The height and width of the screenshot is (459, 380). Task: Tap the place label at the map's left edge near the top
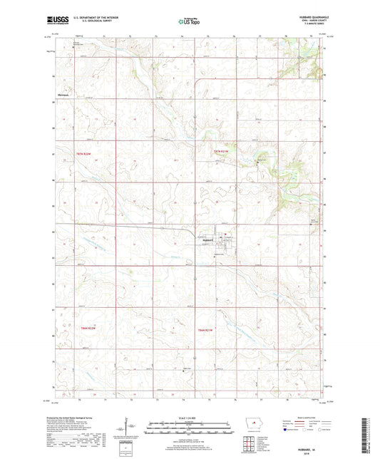(x=66, y=93)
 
